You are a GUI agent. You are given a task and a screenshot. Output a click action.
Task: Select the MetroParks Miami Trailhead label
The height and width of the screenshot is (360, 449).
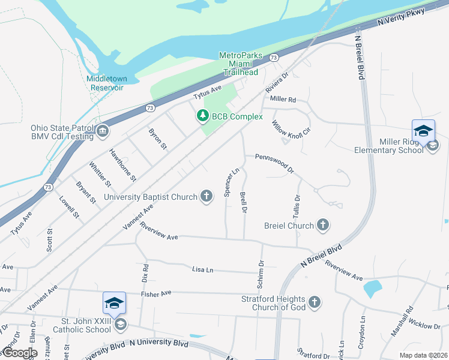pos(240,64)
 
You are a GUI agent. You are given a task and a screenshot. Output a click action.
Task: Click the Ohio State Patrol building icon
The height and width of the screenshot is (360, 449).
pos(103,131)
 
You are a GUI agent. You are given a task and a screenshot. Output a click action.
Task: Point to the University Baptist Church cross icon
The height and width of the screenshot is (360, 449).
pos(206,196)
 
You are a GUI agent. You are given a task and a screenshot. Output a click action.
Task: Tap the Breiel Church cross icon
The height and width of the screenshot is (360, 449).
pos(323,226)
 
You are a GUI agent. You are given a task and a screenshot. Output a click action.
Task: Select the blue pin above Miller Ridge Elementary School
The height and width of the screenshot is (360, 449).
pos(423,131)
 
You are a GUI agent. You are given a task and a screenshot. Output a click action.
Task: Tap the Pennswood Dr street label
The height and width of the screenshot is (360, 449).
pos(274,162)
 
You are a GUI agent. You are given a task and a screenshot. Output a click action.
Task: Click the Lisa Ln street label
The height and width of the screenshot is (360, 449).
pos(202,270)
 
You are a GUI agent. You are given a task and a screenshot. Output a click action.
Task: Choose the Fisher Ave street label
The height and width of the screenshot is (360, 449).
pos(156,293)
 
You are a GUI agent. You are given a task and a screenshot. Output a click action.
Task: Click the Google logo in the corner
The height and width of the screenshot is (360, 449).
pos(19,353)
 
